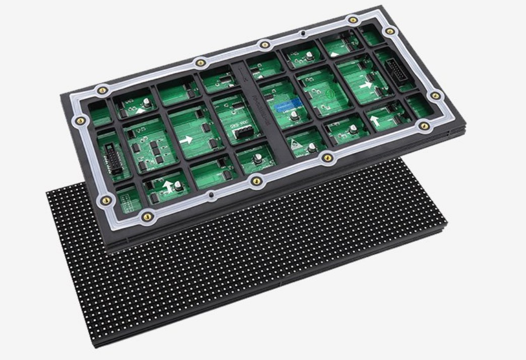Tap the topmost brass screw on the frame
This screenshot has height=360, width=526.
(353, 20)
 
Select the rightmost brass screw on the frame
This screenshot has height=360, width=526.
(436, 95)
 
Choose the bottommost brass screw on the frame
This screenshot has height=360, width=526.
(147, 217)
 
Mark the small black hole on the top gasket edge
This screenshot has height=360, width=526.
(302, 34)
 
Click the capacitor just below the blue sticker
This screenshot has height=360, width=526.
(294, 118)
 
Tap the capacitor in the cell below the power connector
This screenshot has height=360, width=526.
(258, 158)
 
